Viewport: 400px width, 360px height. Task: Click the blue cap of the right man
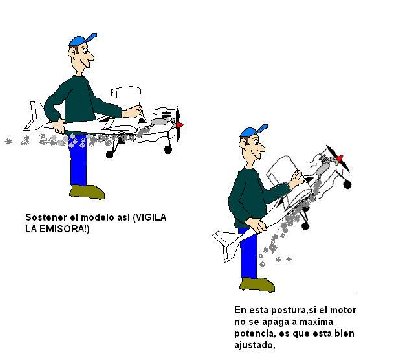[x=254, y=132]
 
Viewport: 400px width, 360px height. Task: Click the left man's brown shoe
[x=86, y=191]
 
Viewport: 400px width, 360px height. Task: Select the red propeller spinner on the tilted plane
[x=341, y=158]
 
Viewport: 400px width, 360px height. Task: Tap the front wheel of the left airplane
[x=169, y=149]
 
